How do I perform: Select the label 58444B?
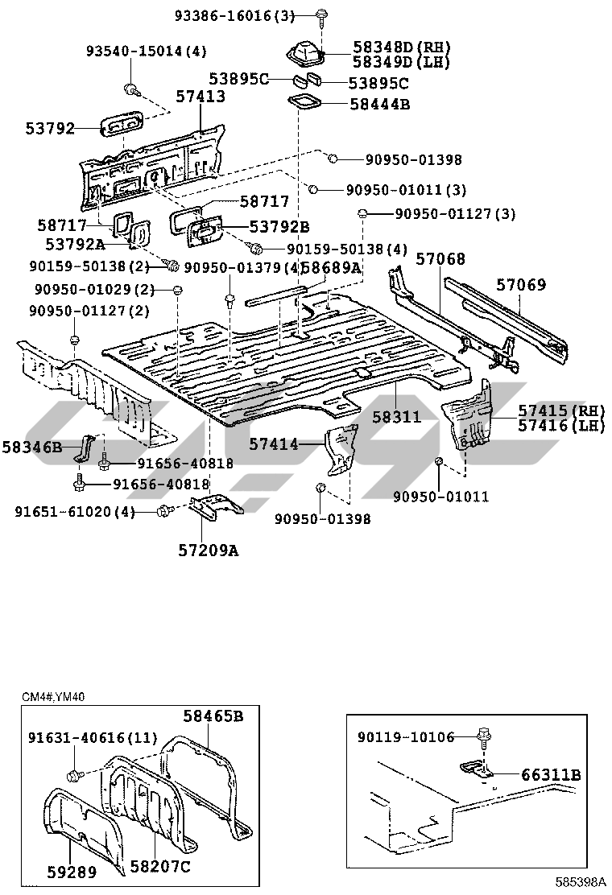(x=379, y=103)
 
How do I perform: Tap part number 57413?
(x=201, y=97)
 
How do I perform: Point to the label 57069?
(x=520, y=284)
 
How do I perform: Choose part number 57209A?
(x=208, y=551)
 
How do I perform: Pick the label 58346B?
(x=31, y=445)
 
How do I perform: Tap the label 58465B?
(x=212, y=715)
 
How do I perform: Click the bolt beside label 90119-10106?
(x=485, y=736)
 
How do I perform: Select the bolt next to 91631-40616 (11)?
(x=74, y=774)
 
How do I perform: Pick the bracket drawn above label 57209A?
(x=215, y=505)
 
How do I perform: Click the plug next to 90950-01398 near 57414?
(x=320, y=488)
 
